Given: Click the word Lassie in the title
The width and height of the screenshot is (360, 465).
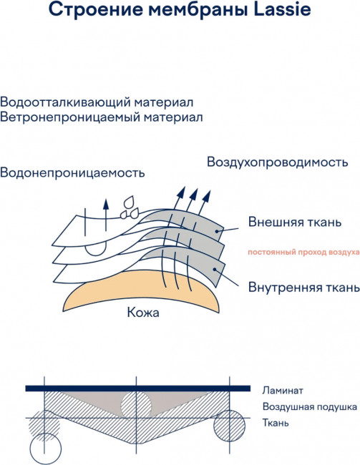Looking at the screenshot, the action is [283, 9].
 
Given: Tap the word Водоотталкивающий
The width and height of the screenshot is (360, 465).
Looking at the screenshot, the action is [65, 102].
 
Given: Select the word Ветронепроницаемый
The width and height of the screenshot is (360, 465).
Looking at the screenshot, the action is [70, 117].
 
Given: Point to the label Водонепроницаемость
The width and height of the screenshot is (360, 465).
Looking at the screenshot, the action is [72, 172].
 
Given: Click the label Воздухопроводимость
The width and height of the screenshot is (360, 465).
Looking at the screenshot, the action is [277, 162].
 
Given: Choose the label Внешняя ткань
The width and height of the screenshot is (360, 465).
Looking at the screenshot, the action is [295, 222].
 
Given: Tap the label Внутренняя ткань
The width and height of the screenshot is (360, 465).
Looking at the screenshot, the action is [304, 287].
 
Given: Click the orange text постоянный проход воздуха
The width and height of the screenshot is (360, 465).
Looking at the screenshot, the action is [303, 253].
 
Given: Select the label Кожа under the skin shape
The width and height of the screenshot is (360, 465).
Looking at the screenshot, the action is [143, 313].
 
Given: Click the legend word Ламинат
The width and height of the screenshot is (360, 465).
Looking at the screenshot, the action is [283, 391].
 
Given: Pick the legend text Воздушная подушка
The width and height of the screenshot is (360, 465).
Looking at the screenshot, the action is [310, 407].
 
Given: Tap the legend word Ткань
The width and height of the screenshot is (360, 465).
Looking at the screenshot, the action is [276, 422].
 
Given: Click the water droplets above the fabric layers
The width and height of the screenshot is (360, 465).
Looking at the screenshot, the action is [130, 207].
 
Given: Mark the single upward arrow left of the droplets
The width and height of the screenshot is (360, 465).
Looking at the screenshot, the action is [106, 215].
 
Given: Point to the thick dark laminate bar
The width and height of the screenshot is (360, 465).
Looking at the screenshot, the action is [138, 388].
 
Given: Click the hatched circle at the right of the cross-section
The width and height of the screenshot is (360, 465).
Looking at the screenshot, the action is [230, 426].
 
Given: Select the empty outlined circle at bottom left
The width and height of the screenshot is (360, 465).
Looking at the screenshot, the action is [46, 449].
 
